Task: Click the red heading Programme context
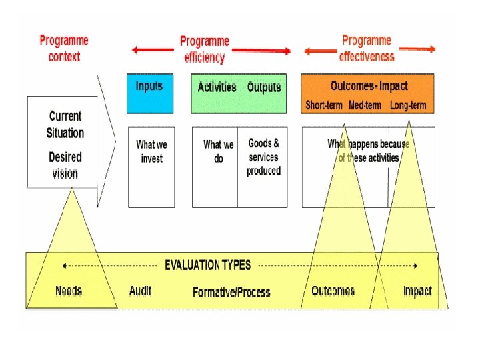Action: tap(65, 48)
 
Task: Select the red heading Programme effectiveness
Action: tap(367, 48)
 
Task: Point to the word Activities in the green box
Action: tap(217, 87)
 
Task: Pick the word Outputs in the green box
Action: tap(264, 87)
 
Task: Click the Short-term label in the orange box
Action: tap(325, 105)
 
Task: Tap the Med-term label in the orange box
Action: tap(365, 105)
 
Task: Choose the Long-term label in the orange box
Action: tap(407, 105)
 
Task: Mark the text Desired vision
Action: tap(65, 165)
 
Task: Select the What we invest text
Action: tap(151, 151)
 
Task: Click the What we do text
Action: tap(218, 151)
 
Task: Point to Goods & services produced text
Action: tap(264, 157)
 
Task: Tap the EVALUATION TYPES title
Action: tap(208, 265)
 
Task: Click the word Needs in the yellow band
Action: tap(69, 291)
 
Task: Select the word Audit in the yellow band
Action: tap(140, 291)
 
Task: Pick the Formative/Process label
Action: tap(231, 292)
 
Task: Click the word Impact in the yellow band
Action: tap(417, 291)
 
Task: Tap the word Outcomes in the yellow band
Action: tap(333, 291)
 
